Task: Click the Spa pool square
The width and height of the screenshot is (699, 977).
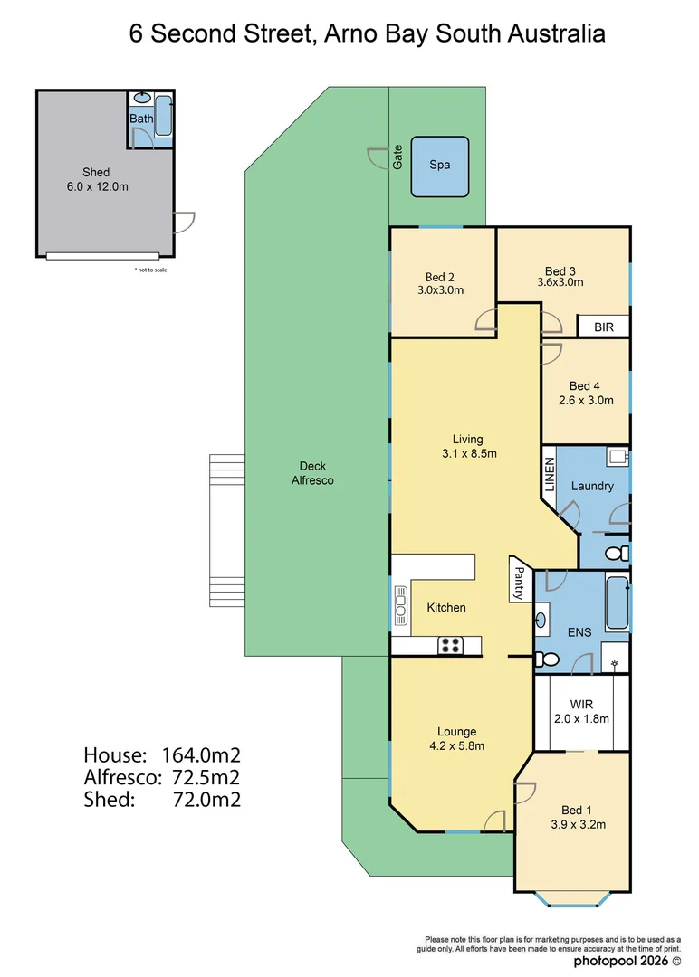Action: pos(440,166)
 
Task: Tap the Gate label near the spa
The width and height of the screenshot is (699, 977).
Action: pos(397,159)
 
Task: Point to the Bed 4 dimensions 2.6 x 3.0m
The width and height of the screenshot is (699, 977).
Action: pos(584,400)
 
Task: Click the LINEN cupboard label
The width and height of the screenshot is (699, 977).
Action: pos(549,474)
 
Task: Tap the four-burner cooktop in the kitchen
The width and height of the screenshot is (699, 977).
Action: pos(450,646)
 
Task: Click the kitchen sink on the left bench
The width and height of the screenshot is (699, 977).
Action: pos(399,607)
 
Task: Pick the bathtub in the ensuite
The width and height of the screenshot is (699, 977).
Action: pos(618,602)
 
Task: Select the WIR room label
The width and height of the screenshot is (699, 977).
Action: pos(581,704)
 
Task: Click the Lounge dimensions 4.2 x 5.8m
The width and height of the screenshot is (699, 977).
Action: pos(456,746)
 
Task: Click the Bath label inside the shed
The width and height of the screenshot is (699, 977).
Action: pos(141,119)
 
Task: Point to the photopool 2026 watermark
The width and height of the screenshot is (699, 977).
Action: pos(624,960)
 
